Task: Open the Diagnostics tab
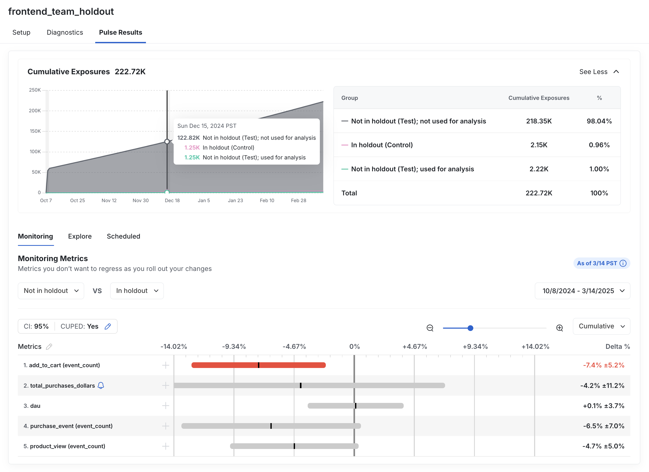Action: (65, 32)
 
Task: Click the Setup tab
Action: (21, 32)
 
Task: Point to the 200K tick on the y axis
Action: (35, 111)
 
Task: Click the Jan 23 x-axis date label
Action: (235, 201)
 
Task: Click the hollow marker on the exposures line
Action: (167, 141)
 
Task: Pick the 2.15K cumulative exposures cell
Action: (539, 145)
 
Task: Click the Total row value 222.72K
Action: (539, 193)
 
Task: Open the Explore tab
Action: (80, 237)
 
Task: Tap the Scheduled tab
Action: (123, 237)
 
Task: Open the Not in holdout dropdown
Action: (51, 291)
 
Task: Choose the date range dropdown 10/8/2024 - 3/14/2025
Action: (582, 291)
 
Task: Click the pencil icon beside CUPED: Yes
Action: (108, 326)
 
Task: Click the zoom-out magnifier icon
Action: (430, 328)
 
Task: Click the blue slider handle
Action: (470, 328)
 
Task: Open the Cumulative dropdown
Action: (601, 326)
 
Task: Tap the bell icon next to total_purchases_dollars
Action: (101, 386)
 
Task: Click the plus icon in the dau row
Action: (165, 406)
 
